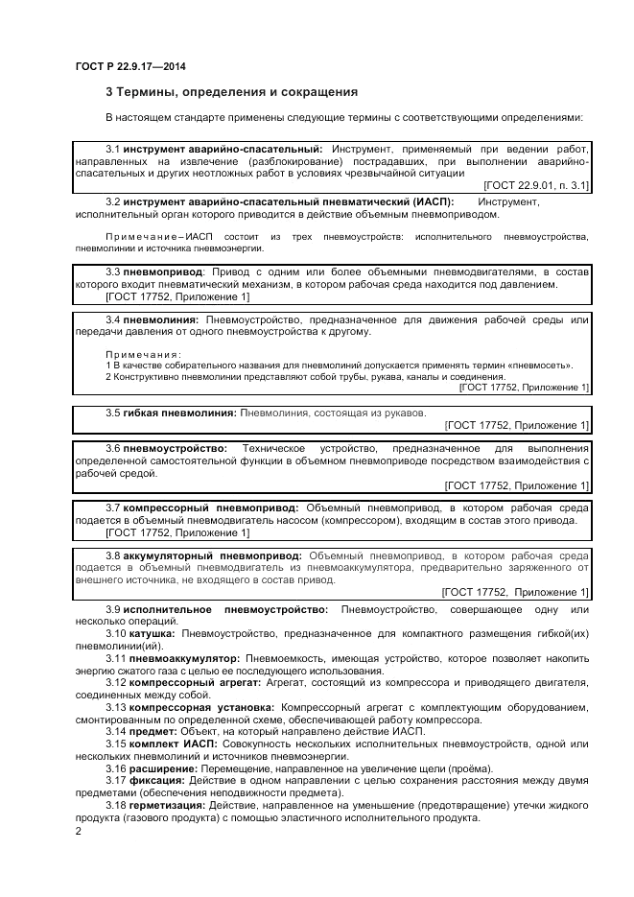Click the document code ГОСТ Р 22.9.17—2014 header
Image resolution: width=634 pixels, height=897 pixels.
130,66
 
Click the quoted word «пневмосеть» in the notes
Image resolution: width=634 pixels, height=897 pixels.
539,366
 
